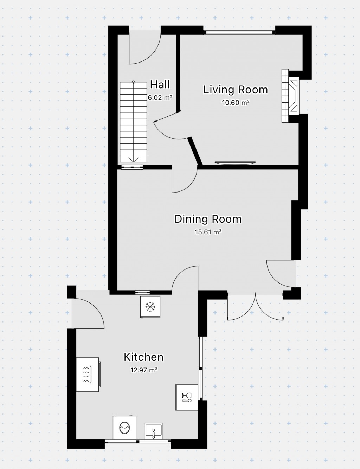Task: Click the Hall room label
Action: pyautogui.click(x=160, y=84)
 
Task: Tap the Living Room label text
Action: pyautogui.click(x=236, y=90)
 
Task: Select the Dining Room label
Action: pyautogui.click(x=208, y=219)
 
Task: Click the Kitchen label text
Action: pyautogui.click(x=143, y=357)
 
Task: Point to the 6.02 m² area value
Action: pyautogui.click(x=160, y=98)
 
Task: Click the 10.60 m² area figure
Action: pyautogui.click(x=236, y=103)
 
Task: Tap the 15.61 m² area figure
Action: pyautogui.click(x=208, y=232)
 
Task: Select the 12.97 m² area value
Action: pyautogui.click(x=143, y=370)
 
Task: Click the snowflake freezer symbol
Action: pyautogui.click(x=150, y=307)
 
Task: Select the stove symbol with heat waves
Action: pyautogui.click(x=89, y=374)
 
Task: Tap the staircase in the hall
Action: pyautogui.click(x=134, y=122)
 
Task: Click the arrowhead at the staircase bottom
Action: pyautogui.click(x=134, y=160)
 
